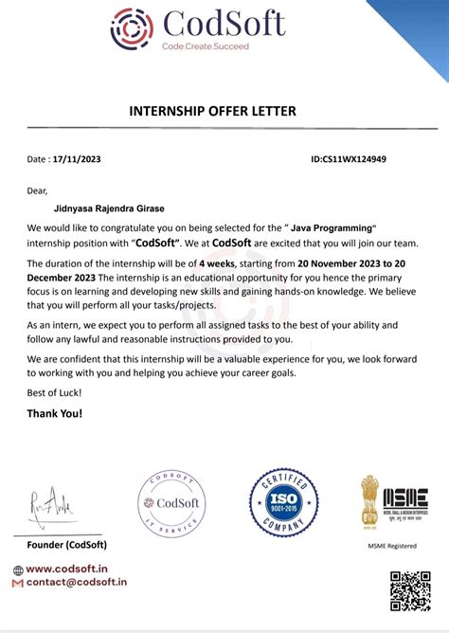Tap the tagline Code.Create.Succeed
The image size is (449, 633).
click(x=205, y=46)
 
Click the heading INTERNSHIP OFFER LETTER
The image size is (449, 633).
click(x=212, y=112)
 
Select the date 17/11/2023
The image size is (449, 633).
click(x=77, y=159)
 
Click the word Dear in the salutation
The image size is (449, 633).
click(x=37, y=190)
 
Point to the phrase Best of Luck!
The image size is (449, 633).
click(x=54, y=392)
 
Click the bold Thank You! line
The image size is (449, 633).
click(x=55, y=413)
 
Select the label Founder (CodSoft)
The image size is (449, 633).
click(x=66, y=545)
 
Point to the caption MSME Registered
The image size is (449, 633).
click(x=391, y=547)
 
